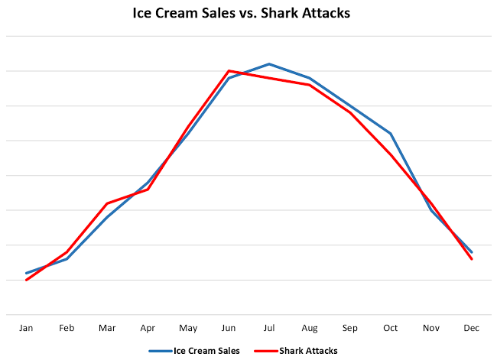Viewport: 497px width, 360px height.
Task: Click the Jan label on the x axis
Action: coord(27,328)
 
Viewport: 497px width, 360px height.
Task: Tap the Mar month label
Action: coord(107,328)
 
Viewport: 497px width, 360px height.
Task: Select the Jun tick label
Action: coord(229,328)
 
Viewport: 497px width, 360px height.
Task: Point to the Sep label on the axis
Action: coord(350,328)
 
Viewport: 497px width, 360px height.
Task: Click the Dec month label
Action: coord(472,328)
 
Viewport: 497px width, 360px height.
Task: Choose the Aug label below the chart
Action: coord(310,328)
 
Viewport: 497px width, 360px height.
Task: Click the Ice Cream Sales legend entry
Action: coord(206,351)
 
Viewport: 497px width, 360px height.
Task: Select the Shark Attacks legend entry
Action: coord(307,351)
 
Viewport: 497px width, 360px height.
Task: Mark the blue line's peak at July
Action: coord(269,63)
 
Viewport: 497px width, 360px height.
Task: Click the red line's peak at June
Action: coord(229,71)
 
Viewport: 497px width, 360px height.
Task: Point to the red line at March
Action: coord(107,203)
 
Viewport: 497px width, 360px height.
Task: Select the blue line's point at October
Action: coord(391,134)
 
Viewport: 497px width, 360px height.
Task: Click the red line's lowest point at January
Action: coord(27,280)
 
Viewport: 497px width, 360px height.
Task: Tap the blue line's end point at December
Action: coord(472,252)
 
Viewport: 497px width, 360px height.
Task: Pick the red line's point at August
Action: coord(310,85)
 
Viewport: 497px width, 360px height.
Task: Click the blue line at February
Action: coord(67,259)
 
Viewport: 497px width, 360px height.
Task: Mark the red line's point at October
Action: coord(391,154)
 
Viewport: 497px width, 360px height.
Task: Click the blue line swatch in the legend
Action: coord(161,351)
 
